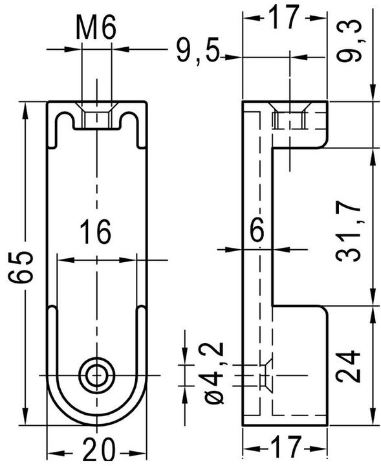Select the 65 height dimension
[x=21, y=266]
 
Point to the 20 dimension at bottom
[x=96, y=448]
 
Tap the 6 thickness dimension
[x=257, y=231]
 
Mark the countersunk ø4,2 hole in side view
[x=265, y=375]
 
